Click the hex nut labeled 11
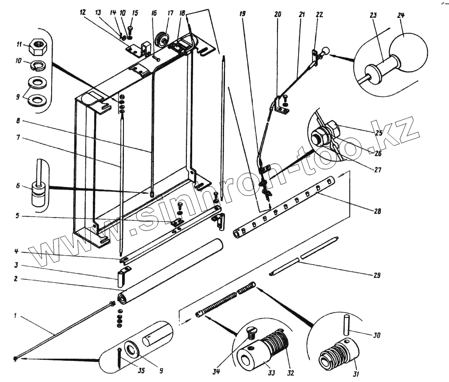[x=38, y=47]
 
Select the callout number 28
[x=378, y=211]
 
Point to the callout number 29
[x=377, y=275]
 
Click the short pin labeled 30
[x=347, y=325]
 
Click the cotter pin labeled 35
[x=120, y=358]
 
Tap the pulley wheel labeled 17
[x=163, y=39]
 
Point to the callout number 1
[x=15, y=315]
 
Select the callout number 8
[x=18, y=121]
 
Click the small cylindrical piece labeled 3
[x=120, y=278]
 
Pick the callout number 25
[x=379, y=133]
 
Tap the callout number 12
[x=83, y=12]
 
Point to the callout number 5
[x=17, y=215]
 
